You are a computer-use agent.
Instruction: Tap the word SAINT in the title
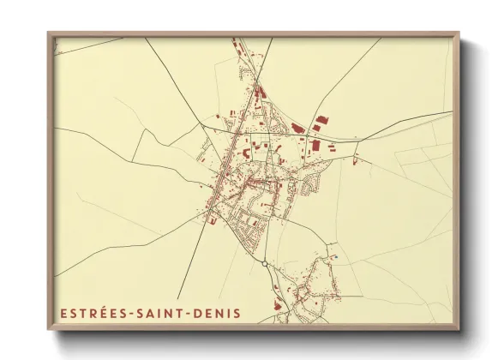(x=161, y=314)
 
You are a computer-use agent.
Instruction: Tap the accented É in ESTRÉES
(x=103, y=314)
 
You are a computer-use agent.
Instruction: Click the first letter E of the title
(x=63, y=314)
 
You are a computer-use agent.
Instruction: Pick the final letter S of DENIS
(x=237, y=314)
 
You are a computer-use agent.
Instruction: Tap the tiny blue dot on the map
(x=337, y=256)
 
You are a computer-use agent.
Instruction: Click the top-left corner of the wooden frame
(x=49, y=33)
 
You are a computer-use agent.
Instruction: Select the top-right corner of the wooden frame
(x=458, y=33)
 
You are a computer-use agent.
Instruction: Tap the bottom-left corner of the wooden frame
(x=49, y=328)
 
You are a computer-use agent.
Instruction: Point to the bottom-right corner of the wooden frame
(x=458, y=328)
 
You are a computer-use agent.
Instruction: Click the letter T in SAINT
(x=181, y=314)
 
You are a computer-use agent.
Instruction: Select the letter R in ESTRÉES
(x=92, y=314)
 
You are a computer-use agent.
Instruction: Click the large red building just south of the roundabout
(x=276, y=304)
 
